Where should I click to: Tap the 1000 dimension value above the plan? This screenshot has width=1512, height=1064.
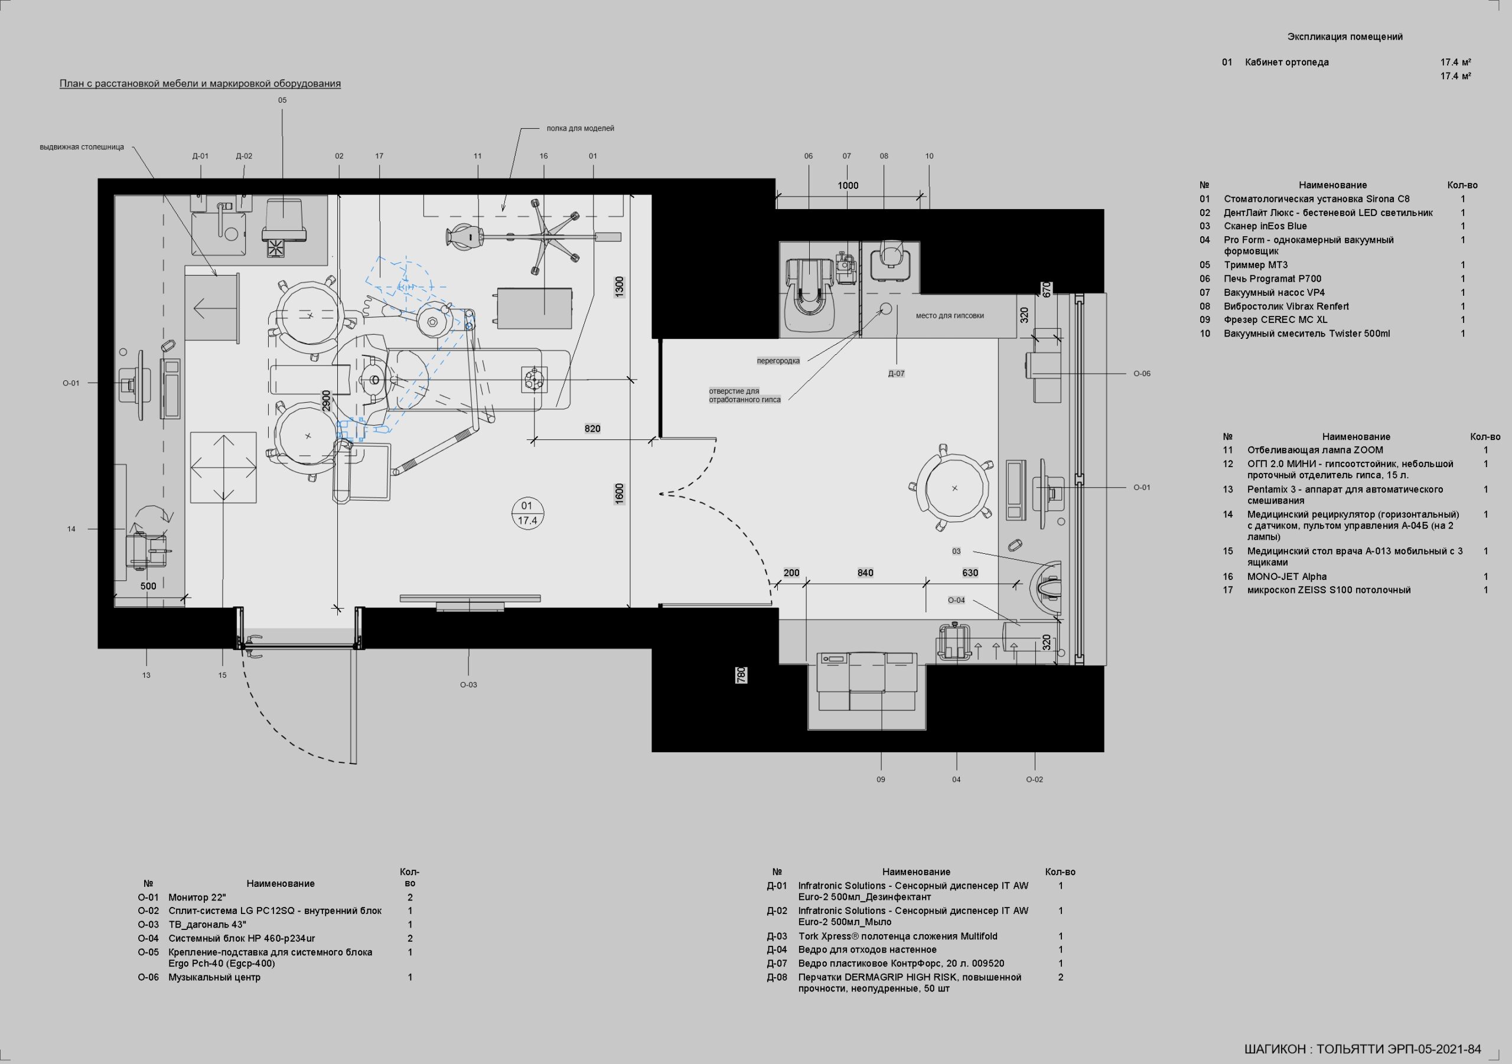tap(848, 185)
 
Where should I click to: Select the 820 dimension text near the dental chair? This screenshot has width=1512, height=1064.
tap(592, 429)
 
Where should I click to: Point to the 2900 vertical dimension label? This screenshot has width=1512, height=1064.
tap(326, 401)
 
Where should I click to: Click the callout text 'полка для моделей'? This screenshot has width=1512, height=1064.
tap(580, 128)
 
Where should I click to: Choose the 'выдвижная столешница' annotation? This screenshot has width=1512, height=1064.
tap(82, 147)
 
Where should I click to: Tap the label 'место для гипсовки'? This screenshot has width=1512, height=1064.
tap(950, 315)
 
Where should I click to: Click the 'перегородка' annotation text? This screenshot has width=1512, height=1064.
tap(778, 361)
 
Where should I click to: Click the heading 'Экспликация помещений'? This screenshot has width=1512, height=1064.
tap(1345, 37)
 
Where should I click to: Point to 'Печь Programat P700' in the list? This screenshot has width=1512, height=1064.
tap(1272, 279)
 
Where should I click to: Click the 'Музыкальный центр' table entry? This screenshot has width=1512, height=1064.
tap(214, 977)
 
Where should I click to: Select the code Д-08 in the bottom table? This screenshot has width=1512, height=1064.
tap(777, 977)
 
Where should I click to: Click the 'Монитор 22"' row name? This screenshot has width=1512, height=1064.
tap(197, 897)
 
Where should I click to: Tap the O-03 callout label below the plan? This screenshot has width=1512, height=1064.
tap(468, 685)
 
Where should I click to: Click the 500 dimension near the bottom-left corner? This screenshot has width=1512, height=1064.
tap(148, 586)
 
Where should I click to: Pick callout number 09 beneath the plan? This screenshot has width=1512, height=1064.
tap(881, 779)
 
